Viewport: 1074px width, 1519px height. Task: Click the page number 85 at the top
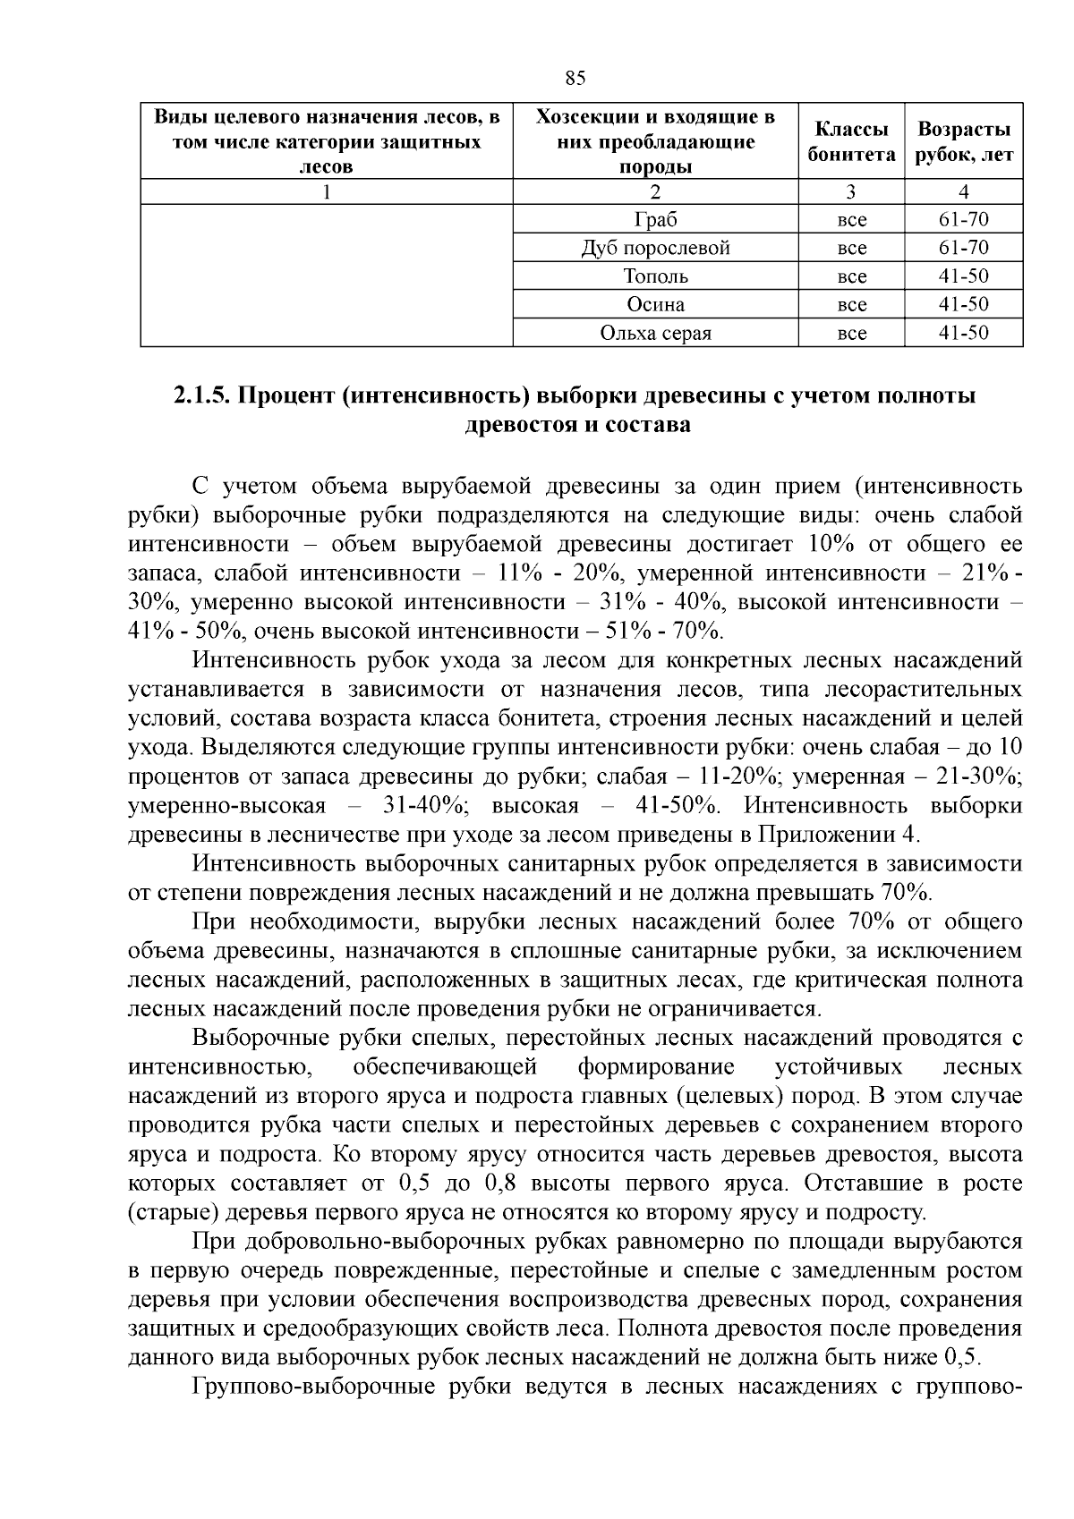coord(575,79)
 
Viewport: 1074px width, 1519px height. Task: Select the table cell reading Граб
coord(655,220)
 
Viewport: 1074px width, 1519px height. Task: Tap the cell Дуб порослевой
coord(655,248)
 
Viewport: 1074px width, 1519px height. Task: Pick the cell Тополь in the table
coord(655,276)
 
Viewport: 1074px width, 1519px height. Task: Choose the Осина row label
coord(655,305)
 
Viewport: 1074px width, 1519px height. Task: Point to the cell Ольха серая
coord(655,334)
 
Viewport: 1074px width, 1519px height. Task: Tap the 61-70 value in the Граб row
coord(964,220)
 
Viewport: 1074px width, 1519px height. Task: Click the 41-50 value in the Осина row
coord(964,305)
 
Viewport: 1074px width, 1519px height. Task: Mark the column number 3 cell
coord(851,191)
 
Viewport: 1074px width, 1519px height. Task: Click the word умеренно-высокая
coord(227,805)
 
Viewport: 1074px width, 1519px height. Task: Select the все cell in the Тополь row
coord(851,276)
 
